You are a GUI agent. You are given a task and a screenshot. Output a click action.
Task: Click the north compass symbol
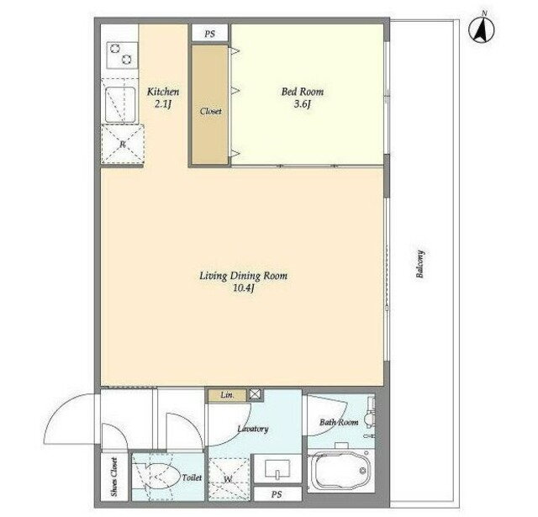481,29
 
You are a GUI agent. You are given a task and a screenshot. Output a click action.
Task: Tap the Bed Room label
303,92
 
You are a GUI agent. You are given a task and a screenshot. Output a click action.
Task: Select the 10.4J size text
243,288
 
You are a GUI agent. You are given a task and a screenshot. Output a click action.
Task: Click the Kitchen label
163,92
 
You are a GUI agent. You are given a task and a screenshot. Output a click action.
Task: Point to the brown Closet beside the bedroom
210,104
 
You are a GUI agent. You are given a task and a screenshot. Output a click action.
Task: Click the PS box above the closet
210,34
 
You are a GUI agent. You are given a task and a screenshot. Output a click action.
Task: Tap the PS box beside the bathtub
277,494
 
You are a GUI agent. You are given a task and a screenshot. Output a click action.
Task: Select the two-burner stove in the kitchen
123,55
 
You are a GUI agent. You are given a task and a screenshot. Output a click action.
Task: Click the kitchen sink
120,104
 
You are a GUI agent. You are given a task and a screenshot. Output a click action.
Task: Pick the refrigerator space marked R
123,143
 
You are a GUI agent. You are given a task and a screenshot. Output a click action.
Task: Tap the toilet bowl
162,476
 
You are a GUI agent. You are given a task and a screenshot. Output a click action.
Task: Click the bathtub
340,472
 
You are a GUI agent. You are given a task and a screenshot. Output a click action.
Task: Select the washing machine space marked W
229,479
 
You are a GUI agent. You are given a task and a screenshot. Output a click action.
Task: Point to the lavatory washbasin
277,469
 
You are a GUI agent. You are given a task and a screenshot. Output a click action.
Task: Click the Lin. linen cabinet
228,395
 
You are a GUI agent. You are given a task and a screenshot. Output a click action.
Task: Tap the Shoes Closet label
114,477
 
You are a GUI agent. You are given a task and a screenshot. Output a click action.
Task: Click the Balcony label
420,264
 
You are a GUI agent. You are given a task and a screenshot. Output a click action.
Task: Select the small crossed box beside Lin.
255,395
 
